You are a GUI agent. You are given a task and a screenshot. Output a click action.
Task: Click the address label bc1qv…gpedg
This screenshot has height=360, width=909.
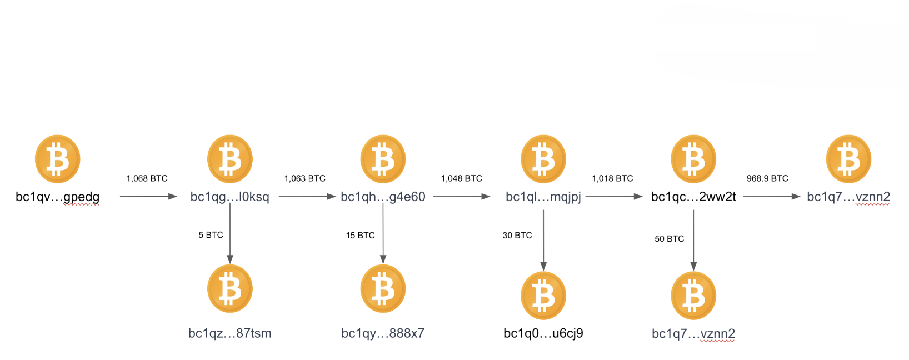(x=58, y=197)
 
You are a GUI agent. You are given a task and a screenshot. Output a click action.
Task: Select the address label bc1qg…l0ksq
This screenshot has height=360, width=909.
(x=229, y=197)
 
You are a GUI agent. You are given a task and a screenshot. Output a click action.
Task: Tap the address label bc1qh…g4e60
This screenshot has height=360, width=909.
(x=383, y=197)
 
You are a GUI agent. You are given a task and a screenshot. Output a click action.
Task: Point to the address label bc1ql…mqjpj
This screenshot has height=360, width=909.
(x=543, y=197)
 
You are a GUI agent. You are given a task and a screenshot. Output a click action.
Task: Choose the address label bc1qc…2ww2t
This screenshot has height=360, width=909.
(x=693, y=197)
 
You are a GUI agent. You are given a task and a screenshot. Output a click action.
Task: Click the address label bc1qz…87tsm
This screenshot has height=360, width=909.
(x=230, y=333)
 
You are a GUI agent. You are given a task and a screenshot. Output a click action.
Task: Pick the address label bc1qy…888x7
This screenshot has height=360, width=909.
(x=383, y=333)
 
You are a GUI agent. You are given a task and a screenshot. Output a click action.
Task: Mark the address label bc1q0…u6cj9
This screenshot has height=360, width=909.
(x=543, y=333)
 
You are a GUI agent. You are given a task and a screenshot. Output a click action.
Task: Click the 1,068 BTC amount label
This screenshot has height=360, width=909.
(x=147, y=178)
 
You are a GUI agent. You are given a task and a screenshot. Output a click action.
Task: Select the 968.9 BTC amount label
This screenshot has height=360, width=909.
(x=767, y=178)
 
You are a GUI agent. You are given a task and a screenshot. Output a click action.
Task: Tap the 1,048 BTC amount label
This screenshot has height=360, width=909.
(x=461, y=178)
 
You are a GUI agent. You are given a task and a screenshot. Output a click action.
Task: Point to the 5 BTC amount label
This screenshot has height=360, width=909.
(x=211, y=235)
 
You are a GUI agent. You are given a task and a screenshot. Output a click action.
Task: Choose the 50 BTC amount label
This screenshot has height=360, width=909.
(x=669, y=239)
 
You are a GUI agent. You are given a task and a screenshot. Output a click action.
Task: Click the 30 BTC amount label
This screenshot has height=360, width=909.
(x=517, y=236)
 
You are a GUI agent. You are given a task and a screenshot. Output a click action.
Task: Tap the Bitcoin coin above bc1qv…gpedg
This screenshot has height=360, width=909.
(x=58, y=159)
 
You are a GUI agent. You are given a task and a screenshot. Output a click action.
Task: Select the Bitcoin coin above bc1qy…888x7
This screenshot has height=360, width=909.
(x=383, y=289)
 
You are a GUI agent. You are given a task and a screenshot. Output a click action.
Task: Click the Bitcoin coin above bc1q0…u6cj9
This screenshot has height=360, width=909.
(x=543, y=296)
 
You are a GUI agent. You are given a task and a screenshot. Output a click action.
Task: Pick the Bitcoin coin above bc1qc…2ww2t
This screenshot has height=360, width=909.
(x=693, y=159)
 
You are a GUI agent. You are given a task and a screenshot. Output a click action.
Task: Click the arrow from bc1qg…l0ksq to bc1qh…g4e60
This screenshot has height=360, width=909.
(x=307, y=197)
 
